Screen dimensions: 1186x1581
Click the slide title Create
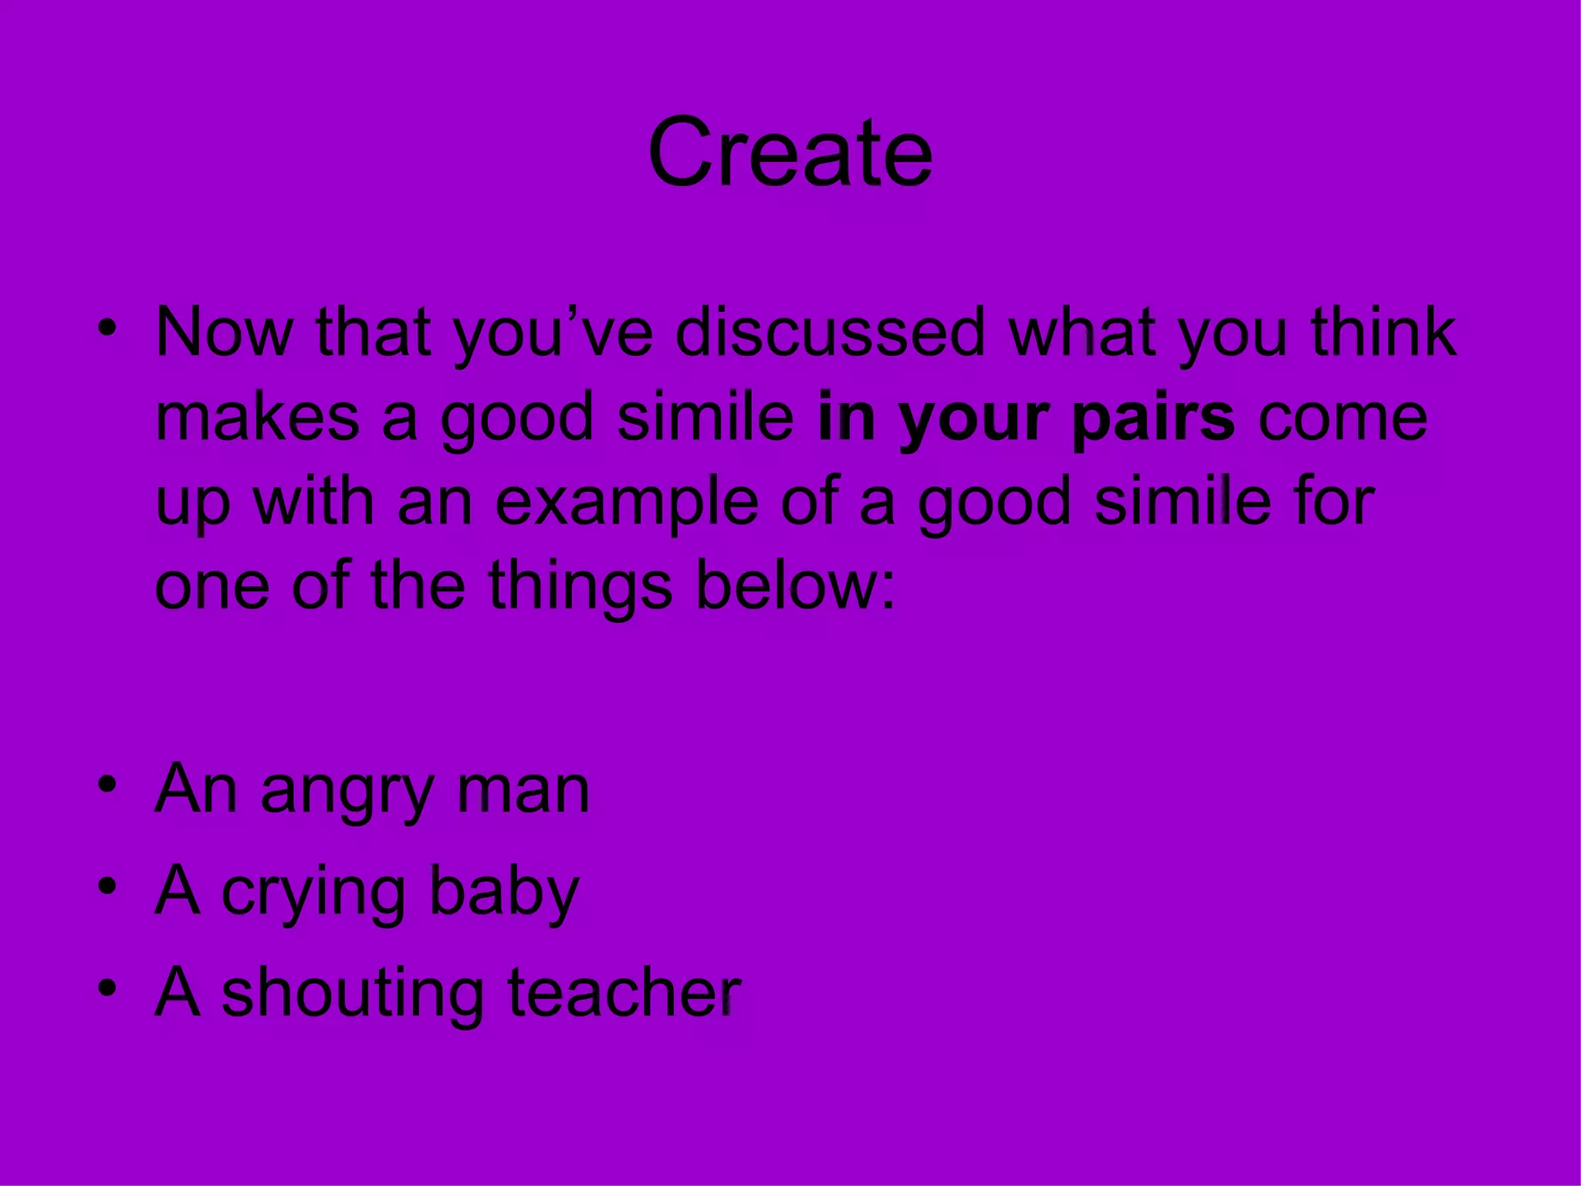(x=790, y=152)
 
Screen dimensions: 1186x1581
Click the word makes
(x=257, y=417)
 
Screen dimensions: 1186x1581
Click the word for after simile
(x=1335, y=502)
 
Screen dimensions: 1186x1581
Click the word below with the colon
(x=795, y=586)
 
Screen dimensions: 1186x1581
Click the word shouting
(x=352, y=995)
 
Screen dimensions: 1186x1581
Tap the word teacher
(x=624, y=993)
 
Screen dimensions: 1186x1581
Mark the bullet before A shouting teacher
(x=107, y=988)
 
